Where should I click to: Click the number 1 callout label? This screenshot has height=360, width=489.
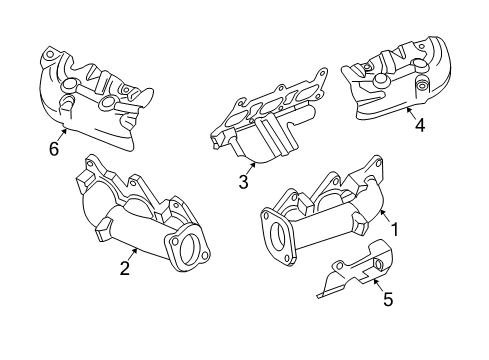pos(394,228)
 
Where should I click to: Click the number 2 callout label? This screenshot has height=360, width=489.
pos(125,267)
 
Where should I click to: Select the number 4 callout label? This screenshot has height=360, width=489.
pos(420,125)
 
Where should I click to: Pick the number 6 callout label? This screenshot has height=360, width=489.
pos(54,150)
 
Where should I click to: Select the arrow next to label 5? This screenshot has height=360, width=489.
pos(377,285)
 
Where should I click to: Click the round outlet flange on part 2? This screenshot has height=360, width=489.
pos(184,249)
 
